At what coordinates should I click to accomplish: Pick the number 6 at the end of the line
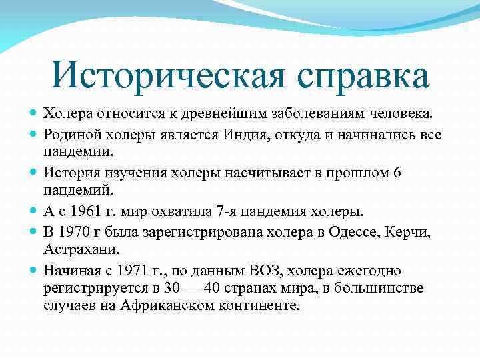[397, 173]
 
